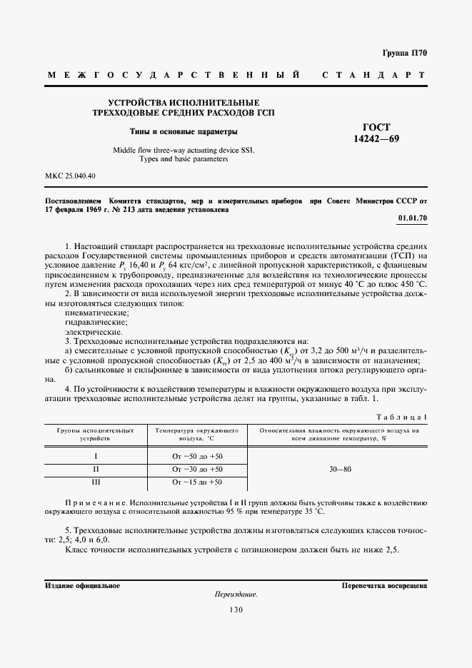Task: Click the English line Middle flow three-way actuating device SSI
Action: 184,150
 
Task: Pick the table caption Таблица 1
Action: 401,415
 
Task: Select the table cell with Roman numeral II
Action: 96,469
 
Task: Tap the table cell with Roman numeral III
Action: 96,483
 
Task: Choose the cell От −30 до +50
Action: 197,469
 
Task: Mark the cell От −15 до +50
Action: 197,483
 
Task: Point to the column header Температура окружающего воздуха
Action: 197,435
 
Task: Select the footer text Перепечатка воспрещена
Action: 384,585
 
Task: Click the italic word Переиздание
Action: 236,594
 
